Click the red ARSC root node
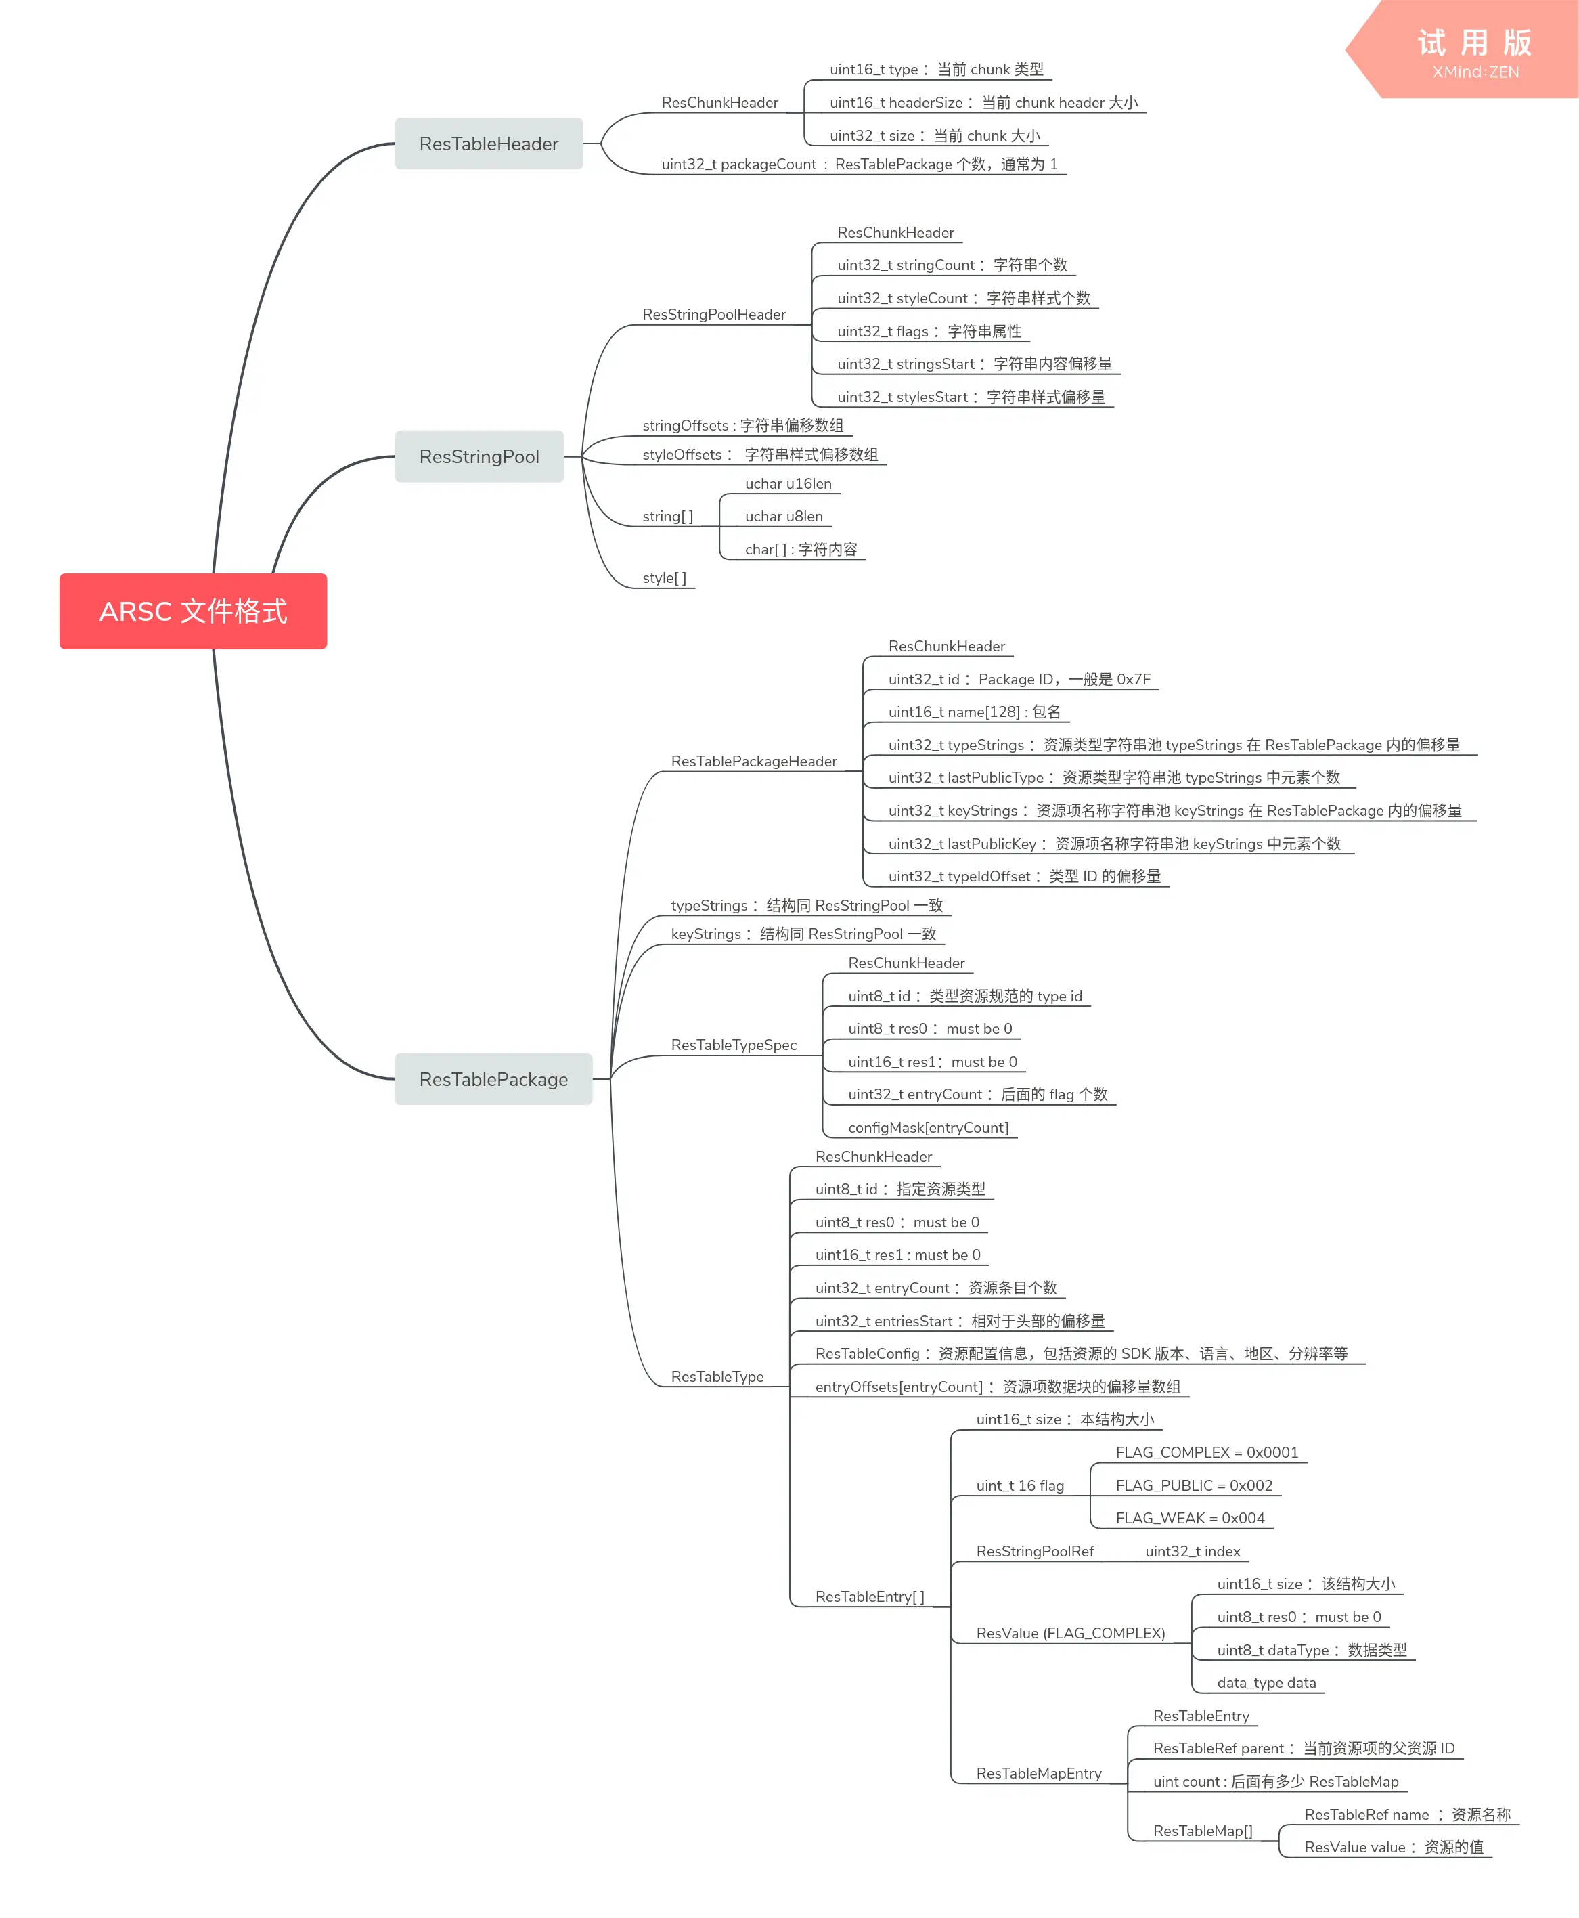coord(193,611)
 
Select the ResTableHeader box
coord(489,144)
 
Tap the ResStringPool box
coord(479,457)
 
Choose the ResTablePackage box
coord(494,1079)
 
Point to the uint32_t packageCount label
coord(860,165)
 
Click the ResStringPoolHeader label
coord(714,315)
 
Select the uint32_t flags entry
coord(929,331)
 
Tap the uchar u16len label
coord(788,484)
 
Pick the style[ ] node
coord(665,577)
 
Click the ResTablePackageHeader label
coord(754,762)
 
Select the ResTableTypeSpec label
coord(734,1045)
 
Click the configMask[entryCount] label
coord(929,1127)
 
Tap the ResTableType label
coord(717,1376)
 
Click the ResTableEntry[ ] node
coord(870,1597)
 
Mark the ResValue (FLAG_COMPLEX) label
coord(1071,1633)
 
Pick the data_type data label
coord(1267,1683)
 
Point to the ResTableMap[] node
coord(1203,1831)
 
